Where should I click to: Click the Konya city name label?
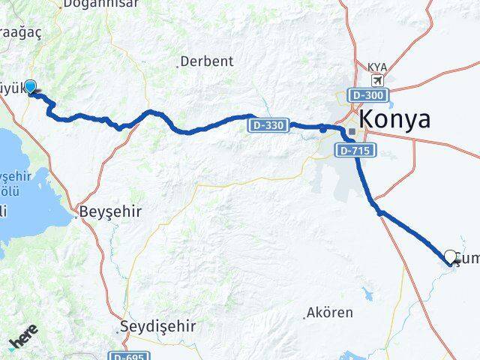pos(395,119)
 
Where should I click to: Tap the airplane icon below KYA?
pos(376,80)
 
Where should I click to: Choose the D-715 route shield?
pos(352,151)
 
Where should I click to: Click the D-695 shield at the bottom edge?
pos(127,356)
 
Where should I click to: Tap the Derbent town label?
pos(208,61)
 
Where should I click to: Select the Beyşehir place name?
pos(117,212)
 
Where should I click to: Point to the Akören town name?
pos(331,313)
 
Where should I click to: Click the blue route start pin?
pos(31,87)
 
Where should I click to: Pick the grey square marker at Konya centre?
pos(352,132)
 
